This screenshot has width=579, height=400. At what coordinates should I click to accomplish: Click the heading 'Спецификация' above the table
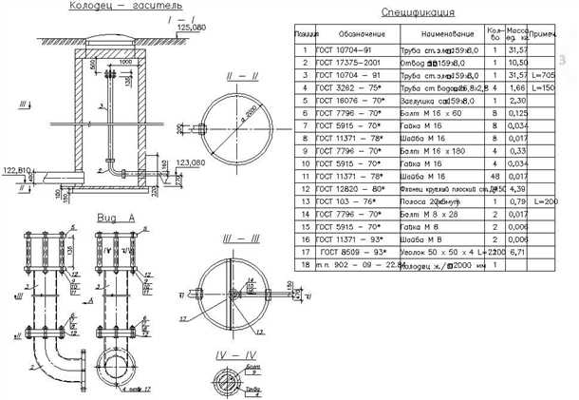click(x=418, y=13)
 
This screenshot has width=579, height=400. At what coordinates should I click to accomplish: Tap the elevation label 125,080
click(x=191, y=29)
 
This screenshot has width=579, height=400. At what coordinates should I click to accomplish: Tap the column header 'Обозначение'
click(x=346, y=33)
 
